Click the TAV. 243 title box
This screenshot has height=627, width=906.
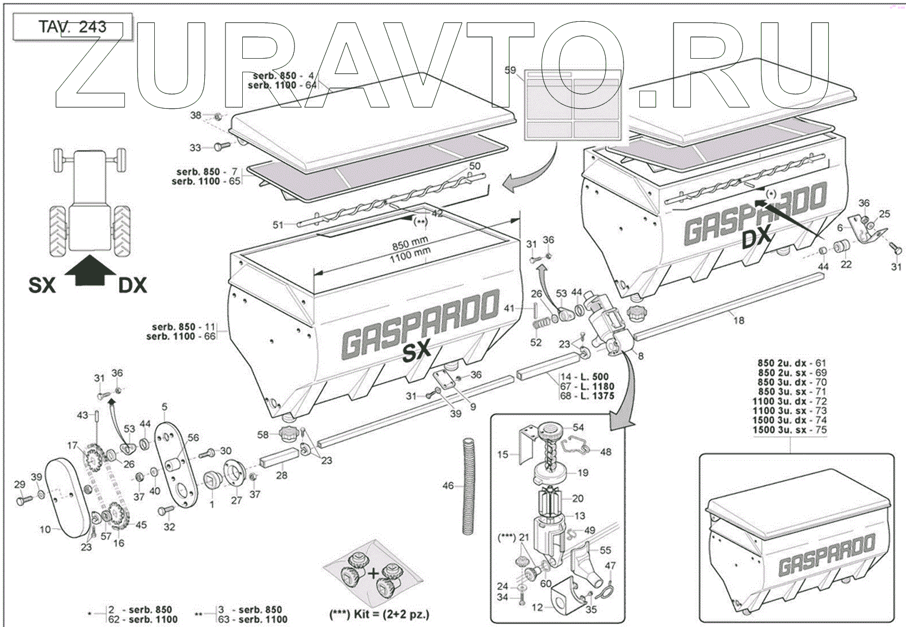[x=72, y=27]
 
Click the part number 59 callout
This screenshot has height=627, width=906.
[x=510, y=70]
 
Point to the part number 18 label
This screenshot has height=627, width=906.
[x=739, y=321]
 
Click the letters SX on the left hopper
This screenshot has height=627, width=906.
[x=416, y=351]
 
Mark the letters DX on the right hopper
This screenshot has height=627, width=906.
[x=757, y=237]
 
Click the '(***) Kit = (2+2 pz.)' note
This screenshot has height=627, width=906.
[x=379, y=615]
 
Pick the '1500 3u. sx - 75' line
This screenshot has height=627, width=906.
[x=789, y=430]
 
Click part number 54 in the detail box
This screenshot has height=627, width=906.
[x=578, y=428]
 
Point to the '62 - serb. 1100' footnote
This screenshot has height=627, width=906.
[x=143, y=619]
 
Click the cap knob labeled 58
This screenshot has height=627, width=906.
[x=287, y=434]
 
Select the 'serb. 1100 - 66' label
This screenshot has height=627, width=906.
[x=181, y=336]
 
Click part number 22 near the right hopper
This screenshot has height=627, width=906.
[x=846, y=265]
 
